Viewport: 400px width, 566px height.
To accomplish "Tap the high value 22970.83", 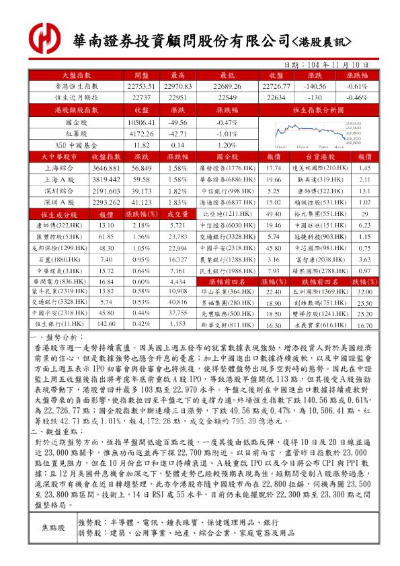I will pos(178,87).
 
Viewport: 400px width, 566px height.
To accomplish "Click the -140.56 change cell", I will pos(315,87).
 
